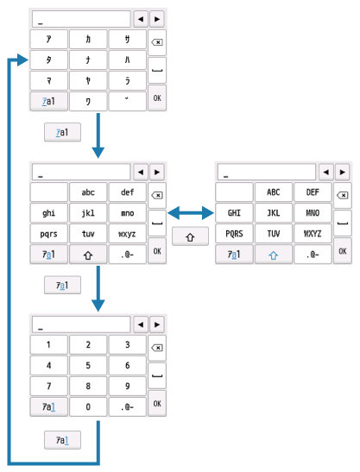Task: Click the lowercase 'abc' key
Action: pos(88,192)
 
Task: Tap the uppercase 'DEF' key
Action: pos(312,192)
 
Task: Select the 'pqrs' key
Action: pos(48,231)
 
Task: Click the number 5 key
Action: pos(88,367)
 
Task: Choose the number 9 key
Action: pos(128,386)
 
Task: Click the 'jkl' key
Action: pos(88,212)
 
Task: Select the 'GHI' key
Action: pos(233,212)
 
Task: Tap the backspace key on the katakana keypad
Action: pos(156,40)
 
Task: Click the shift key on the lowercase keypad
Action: pos(88,251)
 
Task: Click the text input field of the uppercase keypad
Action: pos(266,173)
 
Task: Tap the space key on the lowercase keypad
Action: pos(156,222)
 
